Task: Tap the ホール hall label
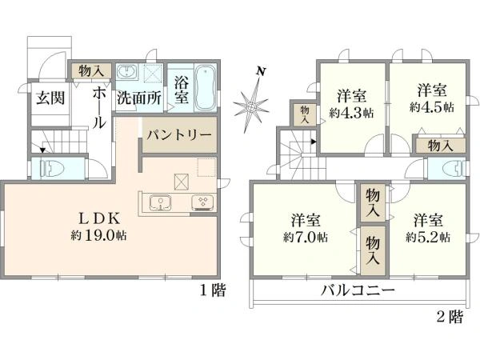(98, 109)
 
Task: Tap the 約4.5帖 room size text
(431, 106)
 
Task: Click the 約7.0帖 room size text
(305, 237)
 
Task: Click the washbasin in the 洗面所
(126, 73)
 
